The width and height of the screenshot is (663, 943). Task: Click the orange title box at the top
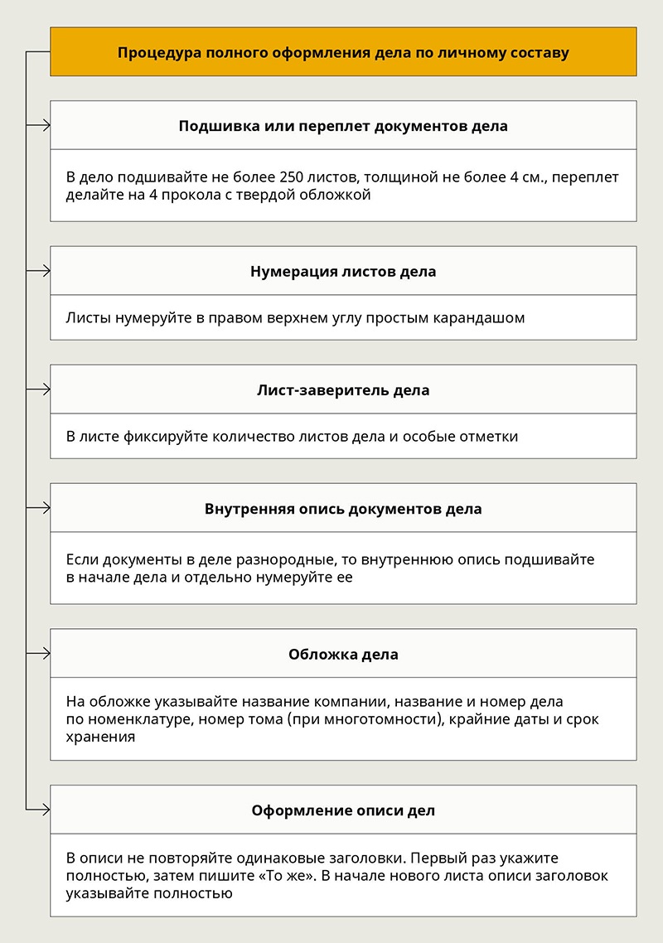(343, 52)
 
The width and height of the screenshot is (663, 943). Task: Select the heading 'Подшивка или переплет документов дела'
(343, 126)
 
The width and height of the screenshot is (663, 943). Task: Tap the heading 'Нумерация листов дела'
(343, 271)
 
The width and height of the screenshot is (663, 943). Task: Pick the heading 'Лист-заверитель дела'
(343, 389)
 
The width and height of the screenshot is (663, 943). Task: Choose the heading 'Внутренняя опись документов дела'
(343, 508)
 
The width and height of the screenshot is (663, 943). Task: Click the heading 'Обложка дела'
(343, 654)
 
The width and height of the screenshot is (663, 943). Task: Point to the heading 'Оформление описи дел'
(343, 810)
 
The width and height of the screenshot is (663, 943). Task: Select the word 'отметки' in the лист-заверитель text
(489, 436)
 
